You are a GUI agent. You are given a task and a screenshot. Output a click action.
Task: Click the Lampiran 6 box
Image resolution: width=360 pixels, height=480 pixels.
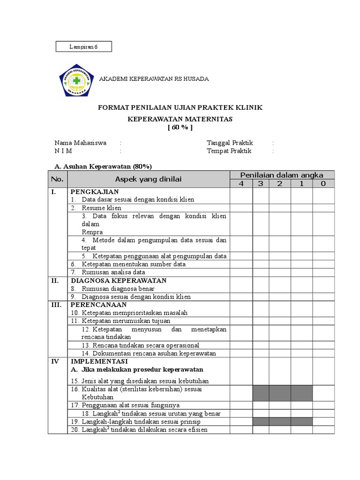pyautogui.click(x=83, y=46)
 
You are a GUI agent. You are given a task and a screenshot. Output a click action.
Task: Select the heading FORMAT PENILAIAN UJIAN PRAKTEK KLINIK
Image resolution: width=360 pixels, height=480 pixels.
pyautogui.click(x=180, y=108)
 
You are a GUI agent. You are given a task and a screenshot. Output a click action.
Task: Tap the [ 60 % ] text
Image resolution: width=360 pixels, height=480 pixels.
pyautogui.click(x=180, y=127)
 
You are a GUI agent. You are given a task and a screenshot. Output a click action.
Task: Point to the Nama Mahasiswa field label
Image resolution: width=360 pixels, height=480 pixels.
pyautogui.click(x=80, y=142)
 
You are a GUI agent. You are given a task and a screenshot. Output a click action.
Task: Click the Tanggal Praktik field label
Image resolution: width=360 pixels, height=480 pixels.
pyautogui.click(x=230, y=142)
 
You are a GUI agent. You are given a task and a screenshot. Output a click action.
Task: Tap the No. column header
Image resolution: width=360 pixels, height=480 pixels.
pyautogui.click(x=57, y=179)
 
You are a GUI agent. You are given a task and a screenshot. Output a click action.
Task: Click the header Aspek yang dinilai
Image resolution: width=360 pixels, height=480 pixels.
pyautogui.click(x=148, y=179)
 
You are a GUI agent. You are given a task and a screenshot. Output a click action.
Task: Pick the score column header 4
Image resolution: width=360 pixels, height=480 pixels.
pyautogui.click(x=241, y=183)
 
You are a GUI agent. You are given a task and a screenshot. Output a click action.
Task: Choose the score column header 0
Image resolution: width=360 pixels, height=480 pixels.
pyautogui.click(x=323, y=183)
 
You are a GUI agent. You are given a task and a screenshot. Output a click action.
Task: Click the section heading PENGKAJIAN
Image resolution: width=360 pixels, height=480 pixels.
pyautogui.click(x=94, y=192)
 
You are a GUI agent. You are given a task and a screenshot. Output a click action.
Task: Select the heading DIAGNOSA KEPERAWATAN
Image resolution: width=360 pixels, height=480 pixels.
pyautogui.click(x=118, y=280)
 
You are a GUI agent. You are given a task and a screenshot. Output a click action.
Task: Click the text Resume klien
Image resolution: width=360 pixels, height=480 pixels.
pyautogui.click(x=101, y=208)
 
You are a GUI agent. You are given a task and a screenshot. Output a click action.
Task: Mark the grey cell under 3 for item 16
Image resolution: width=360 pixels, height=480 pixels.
pyautogui.click(x=261, y=393)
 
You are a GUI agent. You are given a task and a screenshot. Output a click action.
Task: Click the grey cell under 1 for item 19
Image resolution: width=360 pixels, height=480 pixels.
pyautogui.click(x=301, y=421)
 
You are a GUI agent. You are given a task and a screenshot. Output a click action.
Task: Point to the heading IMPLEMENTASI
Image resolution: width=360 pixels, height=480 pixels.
pyautogui.click(x=99, y=361)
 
